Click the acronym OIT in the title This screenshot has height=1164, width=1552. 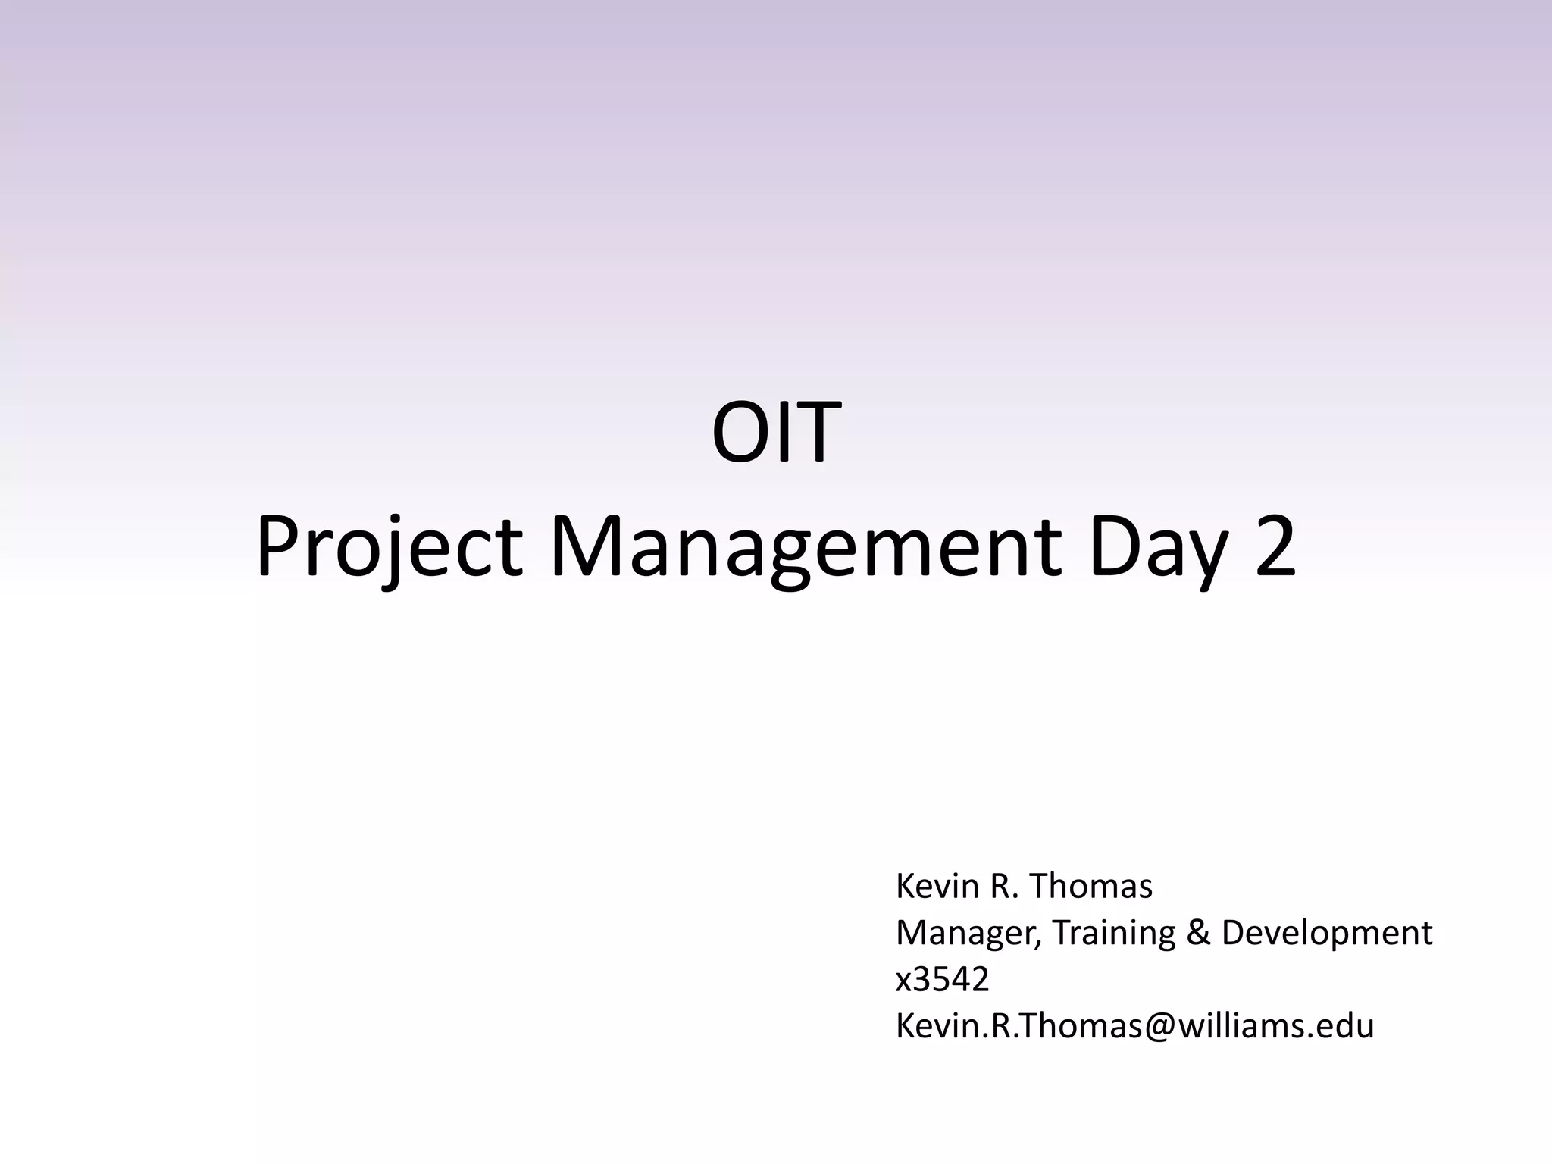(776, 433)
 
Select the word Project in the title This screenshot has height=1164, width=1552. (389, 547)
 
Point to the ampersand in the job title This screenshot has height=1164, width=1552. (1198, 933)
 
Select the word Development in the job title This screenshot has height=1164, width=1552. (1326, 933)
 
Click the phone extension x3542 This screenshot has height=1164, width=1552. (942, 980)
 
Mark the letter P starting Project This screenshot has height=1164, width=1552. (275, 547)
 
